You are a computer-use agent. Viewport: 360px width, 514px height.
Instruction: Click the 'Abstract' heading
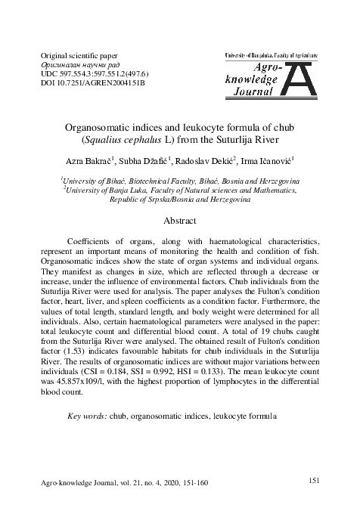click(180, 221)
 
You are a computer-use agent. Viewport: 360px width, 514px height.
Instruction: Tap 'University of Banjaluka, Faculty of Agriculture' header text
click(281, 56)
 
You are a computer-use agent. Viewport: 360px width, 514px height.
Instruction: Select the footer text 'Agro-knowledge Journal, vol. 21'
click(90, 481)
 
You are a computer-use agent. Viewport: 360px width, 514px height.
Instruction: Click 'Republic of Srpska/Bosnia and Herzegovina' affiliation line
click(180, 202)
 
